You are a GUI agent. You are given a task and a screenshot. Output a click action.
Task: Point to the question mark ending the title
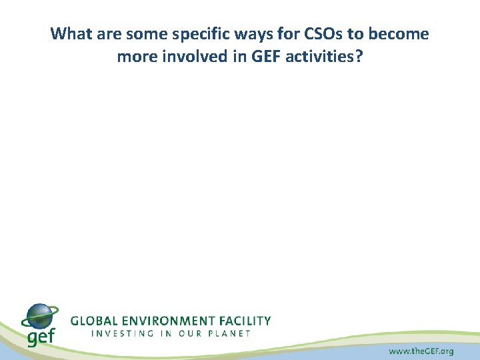click(359, 57)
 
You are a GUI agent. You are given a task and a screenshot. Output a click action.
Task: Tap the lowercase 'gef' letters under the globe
click(40, 337)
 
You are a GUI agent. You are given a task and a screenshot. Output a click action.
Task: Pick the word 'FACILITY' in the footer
click(244, 321)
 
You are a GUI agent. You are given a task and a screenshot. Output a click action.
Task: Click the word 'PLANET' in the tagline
click(228, 333)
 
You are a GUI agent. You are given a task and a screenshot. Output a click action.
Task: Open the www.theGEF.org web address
click(421, 351)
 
